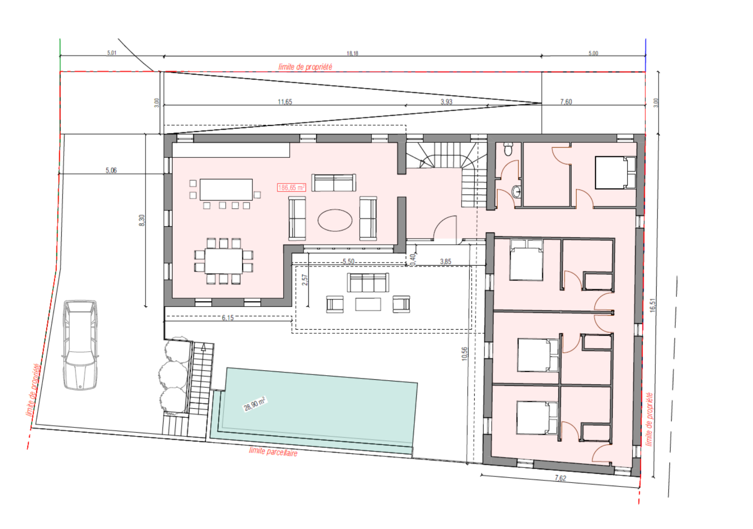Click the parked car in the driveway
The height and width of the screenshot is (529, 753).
coord(80,345)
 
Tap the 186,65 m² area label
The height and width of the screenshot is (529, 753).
coord(292,188)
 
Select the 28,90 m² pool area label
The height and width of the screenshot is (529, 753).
coord(254,404)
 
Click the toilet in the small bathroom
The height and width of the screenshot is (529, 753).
coord(508,149)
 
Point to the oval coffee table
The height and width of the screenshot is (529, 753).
coord(335,220)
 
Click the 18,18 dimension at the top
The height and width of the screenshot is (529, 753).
coord(352,53)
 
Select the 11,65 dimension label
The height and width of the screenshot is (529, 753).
coord(285,102)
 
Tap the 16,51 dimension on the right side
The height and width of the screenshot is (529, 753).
coord(653,305)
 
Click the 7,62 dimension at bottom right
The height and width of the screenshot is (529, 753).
coord(561,478)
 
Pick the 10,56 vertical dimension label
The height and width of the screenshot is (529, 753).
coord(465,354)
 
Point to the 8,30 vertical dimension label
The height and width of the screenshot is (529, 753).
coord(142,220)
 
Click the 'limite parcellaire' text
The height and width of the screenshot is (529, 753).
coord(273,451)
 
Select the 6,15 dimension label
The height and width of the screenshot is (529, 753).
coord(228,318)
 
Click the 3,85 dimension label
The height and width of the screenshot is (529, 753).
coord(446,262)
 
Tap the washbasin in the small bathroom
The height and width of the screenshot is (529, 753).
coord(516,191)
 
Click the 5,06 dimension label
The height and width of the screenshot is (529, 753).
coord(111,170)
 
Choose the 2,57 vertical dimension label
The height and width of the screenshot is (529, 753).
coord(304,280)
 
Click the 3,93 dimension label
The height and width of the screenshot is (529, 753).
coord(446,102)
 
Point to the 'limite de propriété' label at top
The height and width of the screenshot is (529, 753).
coord(305,67)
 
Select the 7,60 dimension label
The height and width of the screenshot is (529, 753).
coord(566,102)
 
